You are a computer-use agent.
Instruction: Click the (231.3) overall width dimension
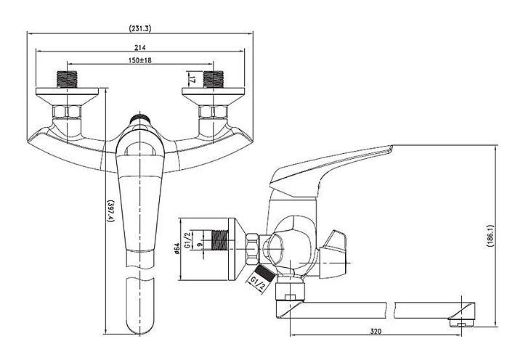coord(140,28)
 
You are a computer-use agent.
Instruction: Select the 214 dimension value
coord(140,47)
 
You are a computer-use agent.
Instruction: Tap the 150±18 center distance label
coord(140,60)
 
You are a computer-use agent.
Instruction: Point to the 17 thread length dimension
coord(192,79)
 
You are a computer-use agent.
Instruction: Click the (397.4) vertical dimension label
coord(110,211)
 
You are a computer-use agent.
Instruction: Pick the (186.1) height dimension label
coord(490,236)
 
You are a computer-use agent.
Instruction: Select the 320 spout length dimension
coord(376,332)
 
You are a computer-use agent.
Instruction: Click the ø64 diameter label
coord(177,248)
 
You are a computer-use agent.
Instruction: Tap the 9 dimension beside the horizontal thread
coord(200,245)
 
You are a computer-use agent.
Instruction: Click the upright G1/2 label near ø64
coord(187,240)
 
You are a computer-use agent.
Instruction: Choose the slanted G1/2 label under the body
coord(258,283)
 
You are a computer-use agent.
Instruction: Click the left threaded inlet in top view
coord(67,79)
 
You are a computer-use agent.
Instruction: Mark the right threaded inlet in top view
coord(213,79)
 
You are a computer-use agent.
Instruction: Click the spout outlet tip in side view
coord(462,323)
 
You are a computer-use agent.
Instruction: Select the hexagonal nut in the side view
coord(252,249)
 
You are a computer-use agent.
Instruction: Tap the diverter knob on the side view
coord(333,254)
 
